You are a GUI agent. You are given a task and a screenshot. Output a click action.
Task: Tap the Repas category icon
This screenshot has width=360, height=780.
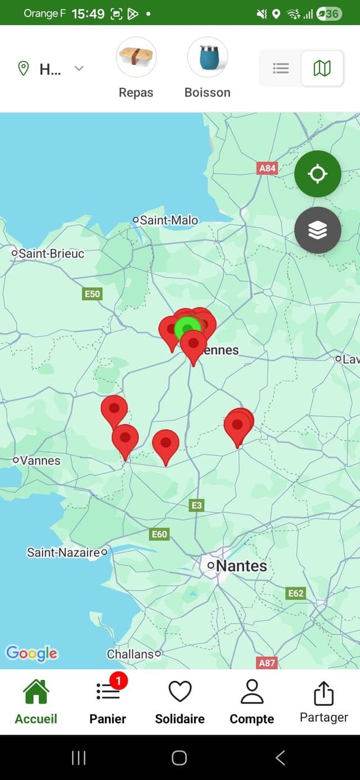(x=136, y=57)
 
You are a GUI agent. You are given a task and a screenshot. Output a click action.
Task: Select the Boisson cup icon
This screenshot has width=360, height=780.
(x=207, y=57)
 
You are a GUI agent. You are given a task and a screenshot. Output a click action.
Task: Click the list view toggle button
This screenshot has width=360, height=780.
(x=281, y=69)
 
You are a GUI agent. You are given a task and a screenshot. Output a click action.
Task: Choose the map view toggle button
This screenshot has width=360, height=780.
(x=322, y=69)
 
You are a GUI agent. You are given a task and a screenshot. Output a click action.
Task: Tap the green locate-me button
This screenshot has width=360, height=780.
(x=318, y=174)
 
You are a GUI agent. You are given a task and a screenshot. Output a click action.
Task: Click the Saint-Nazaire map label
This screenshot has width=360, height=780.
(x=64, y=553)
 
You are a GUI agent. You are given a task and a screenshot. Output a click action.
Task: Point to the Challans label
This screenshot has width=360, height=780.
(x=130, y=654)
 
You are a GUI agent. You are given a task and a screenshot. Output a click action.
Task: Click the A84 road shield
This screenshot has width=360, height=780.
(x=268, y=168)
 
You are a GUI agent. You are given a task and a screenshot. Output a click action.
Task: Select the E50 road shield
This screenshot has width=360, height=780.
(x=92, y=294)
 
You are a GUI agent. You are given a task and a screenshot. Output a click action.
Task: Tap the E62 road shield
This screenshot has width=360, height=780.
(x=296, y=593)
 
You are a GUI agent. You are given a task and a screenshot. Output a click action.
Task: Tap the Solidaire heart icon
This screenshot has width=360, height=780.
(x=180, y=692)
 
